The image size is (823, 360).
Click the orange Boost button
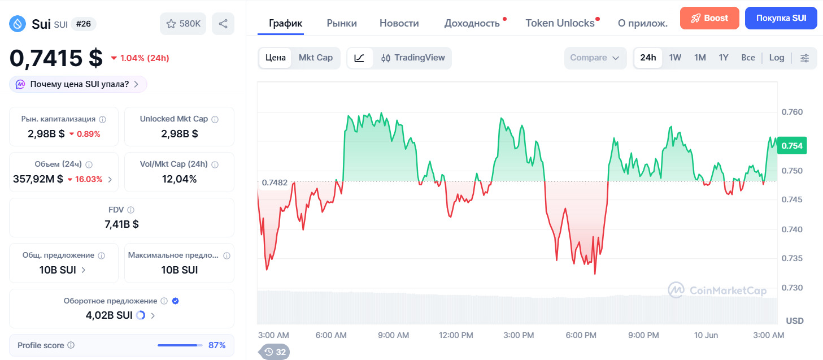pyautogui.click(x=709, y=18)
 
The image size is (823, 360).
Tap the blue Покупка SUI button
pyautogui.click(x=781, y=18)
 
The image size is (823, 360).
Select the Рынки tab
pyautogui.click(x=342, y=23)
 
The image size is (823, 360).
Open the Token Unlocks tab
pyautogui.click(x=560, y=23)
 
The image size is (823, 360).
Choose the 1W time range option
pyautogui.click(x=675, y=58)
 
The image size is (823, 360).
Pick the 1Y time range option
pyautogui.click(x=724, y=58)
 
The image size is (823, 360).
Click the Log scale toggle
pyautogui.click(x=777, y=58)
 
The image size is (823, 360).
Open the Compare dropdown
pyautogui.click(x=595, y=58)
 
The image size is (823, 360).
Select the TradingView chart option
pyautogui.click(x=412, y=58)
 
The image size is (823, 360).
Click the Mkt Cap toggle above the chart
pyautogui.click(x=316, y=58)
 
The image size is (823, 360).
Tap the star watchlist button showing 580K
pyautogui.click(x=183, y=24)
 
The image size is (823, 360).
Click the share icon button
pyautogui.click(x=223, y=24)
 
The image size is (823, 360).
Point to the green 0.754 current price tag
pyautogui.click(x=792, y=146)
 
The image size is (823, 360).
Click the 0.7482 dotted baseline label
pyautogui.click(x=275, y=183)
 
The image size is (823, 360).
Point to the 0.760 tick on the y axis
pyautogui.click(x=792, y=112)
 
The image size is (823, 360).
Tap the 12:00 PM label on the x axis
pyautogui.click(x=456, y=335)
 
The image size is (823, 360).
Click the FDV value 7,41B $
pyautogui.click(x=121, y=224)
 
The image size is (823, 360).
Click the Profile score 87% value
pyautogui.click(x=217, y=345)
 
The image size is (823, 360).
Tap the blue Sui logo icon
pyautogui.click(x=18, y=24)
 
